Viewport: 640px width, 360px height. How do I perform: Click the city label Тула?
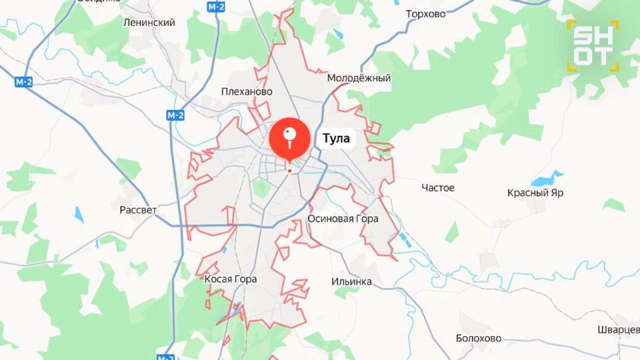pyautogui.click(x=336, y=139)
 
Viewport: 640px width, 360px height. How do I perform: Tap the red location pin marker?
pyautogui.click(x=290, y=137)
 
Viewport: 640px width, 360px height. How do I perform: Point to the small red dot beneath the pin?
pyautogui.click(x=289, y=171)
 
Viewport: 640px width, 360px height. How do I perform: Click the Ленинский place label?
pyautogui.click(x=149, y=22)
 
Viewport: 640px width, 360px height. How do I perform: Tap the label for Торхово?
pyautogui.click(x=426, y=13)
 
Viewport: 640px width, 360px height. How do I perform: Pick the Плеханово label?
pyautogui.click(x=247, y=91)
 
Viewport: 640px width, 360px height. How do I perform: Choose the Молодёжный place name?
pyautogui.click(x=359, y=78)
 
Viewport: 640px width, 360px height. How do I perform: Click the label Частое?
pyautogui.click(x=438, y=188)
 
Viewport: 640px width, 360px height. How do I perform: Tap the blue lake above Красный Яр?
pyautogui.click(x=547, y=179)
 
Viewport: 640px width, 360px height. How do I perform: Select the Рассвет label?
pyautogui.click(x=138, y=210)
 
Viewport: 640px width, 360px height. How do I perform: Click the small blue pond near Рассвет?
pyautogui.click(x=79, y=215)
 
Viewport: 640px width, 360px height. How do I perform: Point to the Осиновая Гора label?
pyautogui.click(x=343, y=219)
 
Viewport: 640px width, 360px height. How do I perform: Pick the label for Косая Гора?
pyautogui.click(x=230, y=279)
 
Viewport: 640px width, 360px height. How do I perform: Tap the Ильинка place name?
pyautogui.click(x=351, y=281)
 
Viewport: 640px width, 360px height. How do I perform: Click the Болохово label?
pyautogui.click(x=479, y=338)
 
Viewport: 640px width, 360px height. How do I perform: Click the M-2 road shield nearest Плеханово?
pyautogui.click(x=175, y=115)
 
